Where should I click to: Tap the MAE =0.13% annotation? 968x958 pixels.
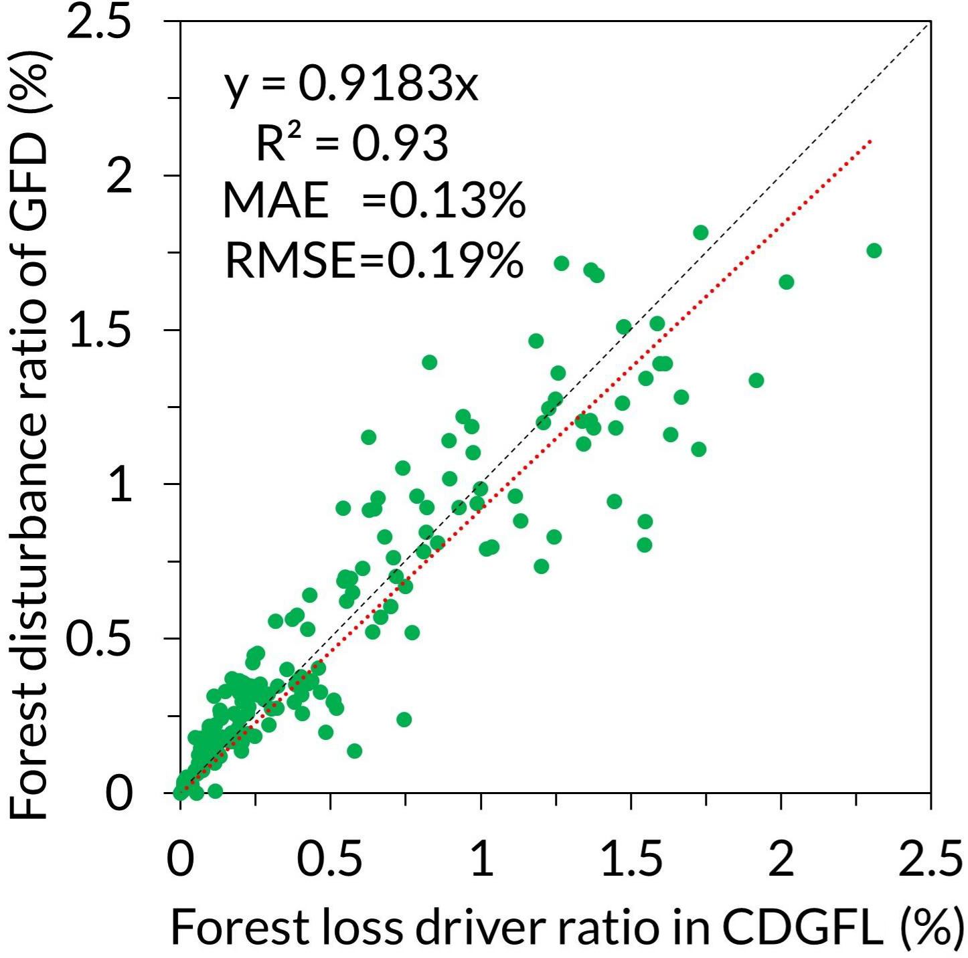point(374,201)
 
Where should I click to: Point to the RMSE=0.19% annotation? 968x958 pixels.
point(374,260)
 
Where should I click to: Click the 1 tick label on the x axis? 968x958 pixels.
point(481,860)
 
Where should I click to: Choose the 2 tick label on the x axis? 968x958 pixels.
point(781,860)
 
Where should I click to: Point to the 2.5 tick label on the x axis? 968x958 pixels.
point(931,860)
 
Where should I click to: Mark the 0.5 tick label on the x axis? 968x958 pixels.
point(329,860)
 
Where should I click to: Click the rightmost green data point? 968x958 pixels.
point(874,250)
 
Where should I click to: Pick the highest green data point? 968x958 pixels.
point(701,232)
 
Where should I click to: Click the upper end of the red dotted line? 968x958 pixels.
point(870,140)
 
